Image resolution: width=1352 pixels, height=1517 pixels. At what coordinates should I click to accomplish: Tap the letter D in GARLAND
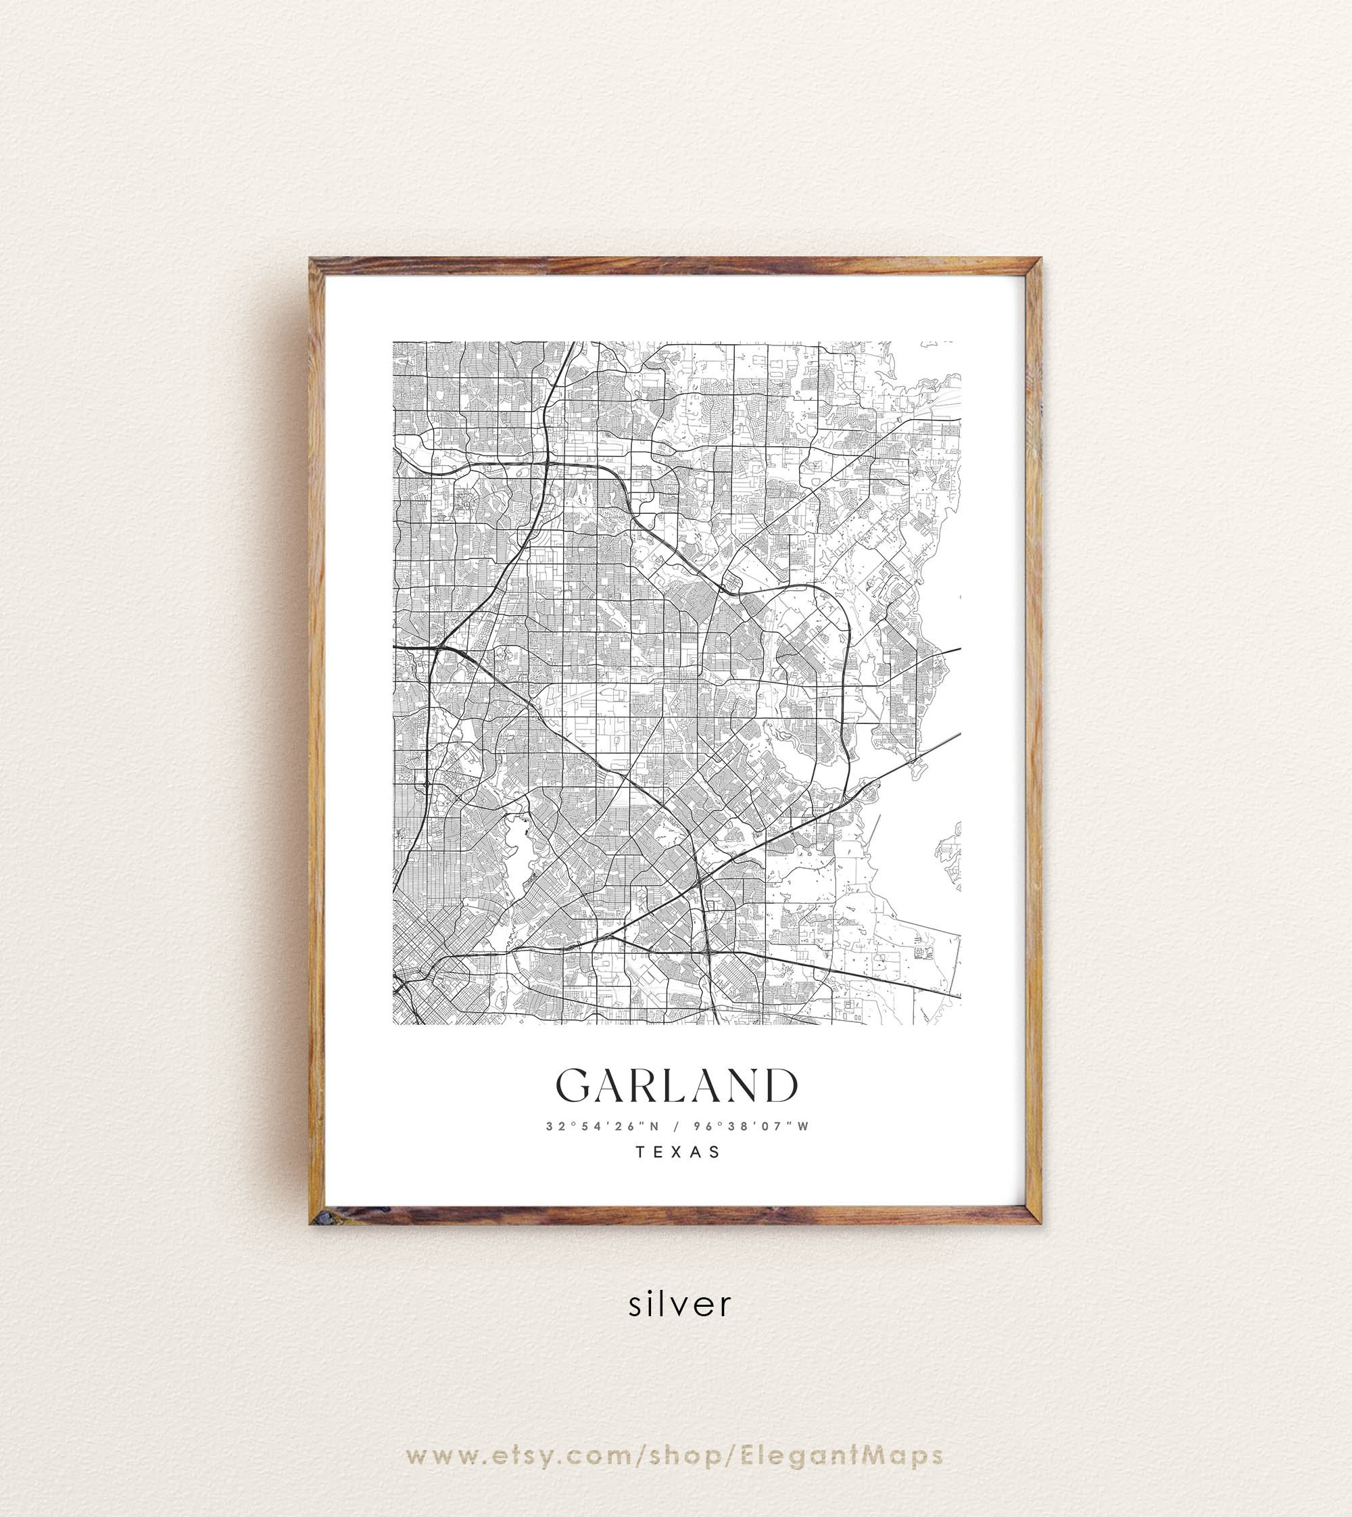point(780,1086)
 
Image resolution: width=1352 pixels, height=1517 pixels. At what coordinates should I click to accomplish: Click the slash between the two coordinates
point(676,1126)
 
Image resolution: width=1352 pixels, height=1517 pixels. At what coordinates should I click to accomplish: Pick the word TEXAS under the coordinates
point(677,1152)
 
